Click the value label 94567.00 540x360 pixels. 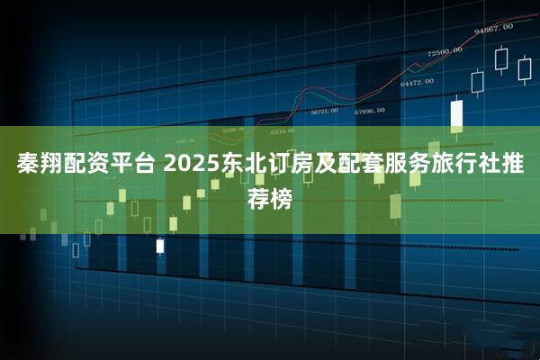tap(493, 28)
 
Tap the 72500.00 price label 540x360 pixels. tap(445, 51)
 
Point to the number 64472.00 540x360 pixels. tap(418, 82)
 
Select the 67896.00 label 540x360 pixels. tap(369, 111)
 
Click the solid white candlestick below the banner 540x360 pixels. tap(159, 246)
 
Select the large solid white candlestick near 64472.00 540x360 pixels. tap(455, 114)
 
